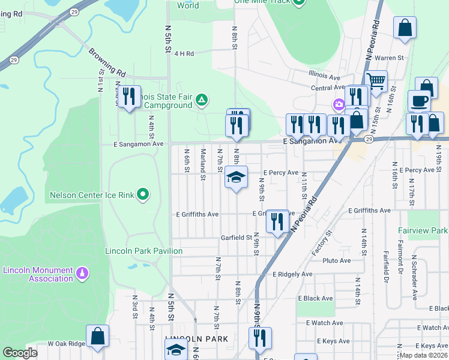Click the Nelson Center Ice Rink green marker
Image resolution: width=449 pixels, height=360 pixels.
click(143, 194)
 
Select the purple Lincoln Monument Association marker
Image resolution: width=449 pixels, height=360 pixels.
click(83, 274)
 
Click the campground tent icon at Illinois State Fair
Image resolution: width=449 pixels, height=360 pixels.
click(202, 100)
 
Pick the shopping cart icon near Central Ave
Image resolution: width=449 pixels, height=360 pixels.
click(376, 80)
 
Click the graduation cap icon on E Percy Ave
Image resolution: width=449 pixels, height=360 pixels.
click(236, 177)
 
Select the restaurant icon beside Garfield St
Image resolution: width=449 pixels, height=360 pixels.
click(277, 221)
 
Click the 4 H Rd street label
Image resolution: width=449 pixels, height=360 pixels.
click(184, 53)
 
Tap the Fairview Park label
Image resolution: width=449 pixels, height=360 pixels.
click(423, 230)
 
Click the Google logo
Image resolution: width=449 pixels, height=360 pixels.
click(20, 353)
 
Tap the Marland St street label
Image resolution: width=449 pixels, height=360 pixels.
click(203, 164)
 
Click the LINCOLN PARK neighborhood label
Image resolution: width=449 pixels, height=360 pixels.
click(196, 339)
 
